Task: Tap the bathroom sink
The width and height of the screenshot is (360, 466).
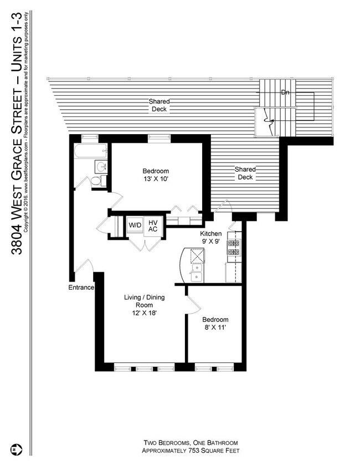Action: click(x=100, y=166)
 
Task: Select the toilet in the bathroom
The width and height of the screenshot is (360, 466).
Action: click(x=95, y=181)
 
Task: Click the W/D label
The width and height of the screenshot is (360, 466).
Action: click(x=135, y=226)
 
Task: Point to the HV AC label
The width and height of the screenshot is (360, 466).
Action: click(x=153, y=226)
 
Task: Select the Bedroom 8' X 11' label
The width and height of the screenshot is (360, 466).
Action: click(x=214, y=324)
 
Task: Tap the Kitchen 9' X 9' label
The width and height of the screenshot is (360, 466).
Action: click(x=210, y=238)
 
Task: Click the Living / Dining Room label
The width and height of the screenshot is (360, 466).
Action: click(x=143, y=305)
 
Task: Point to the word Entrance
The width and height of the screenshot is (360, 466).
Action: click(x=81, y=288)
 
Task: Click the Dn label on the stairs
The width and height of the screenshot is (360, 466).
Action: click(x=285, y=92)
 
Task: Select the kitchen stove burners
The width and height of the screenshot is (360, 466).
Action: click(x=233, y=248)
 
